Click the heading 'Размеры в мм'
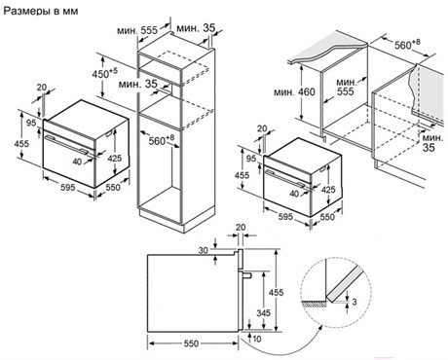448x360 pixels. click(x=41, y=11)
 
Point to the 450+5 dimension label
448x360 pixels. click(x=104, y=73)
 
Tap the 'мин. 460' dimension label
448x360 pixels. click(x=294, y=92)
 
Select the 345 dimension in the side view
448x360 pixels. click(x=263, y=313)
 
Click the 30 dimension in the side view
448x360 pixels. click(x=204, y=250)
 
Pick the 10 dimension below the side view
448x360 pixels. click(x=257, y=339)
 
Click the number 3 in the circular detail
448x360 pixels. click(x=355, y=302)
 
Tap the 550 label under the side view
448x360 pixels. click(x=191, y=343)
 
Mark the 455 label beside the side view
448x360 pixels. click(x=276, y=292)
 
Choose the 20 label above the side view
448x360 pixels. click(x=241, y=228)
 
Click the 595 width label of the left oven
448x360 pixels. click(x=67, y=187)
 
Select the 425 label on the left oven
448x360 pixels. click(x=114, y=159)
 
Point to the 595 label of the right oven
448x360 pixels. click(x=285, y=216)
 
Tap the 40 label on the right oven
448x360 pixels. click(x=294, y=194)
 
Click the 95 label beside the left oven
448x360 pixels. click(x=31, y=123)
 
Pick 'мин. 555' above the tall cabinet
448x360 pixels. click(x=137, y=30)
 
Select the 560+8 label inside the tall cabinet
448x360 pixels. click(x=162, y=140)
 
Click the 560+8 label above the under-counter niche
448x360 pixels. click(x=407, y=44)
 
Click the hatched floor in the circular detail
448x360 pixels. click(x=315, y=305)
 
